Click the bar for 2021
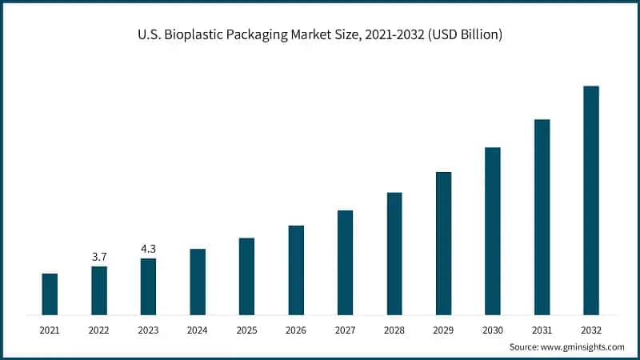pos(50,294)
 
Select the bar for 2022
pos(99,290)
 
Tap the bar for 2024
pos(198,282)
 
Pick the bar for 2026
pos(296,270)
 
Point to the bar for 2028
pos(394,253)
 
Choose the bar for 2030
pos(493,230)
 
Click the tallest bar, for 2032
pos(591,200)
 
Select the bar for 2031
pos(542,217)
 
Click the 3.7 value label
pos(99,257)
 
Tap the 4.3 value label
pos(148,249)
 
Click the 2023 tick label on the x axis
pos(148,329)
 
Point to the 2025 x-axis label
pos(246,329)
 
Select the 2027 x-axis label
pos(345,329)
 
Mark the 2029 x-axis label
pos(443,329)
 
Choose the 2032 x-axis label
pos(591,329)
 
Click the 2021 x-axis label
pos(50,329)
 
